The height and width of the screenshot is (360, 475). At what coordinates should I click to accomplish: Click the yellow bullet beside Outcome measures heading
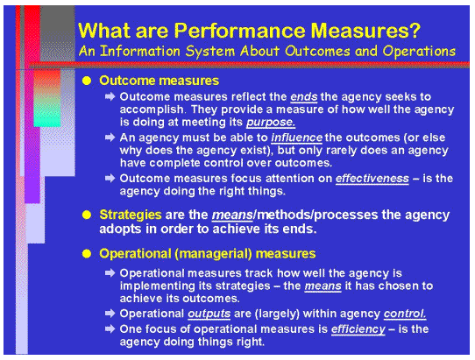coord(86,80)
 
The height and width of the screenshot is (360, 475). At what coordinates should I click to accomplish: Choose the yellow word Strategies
coord(131,215)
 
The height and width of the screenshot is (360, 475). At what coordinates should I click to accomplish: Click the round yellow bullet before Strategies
coord(86,215)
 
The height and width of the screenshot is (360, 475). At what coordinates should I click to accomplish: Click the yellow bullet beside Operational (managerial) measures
coord(86,254)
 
